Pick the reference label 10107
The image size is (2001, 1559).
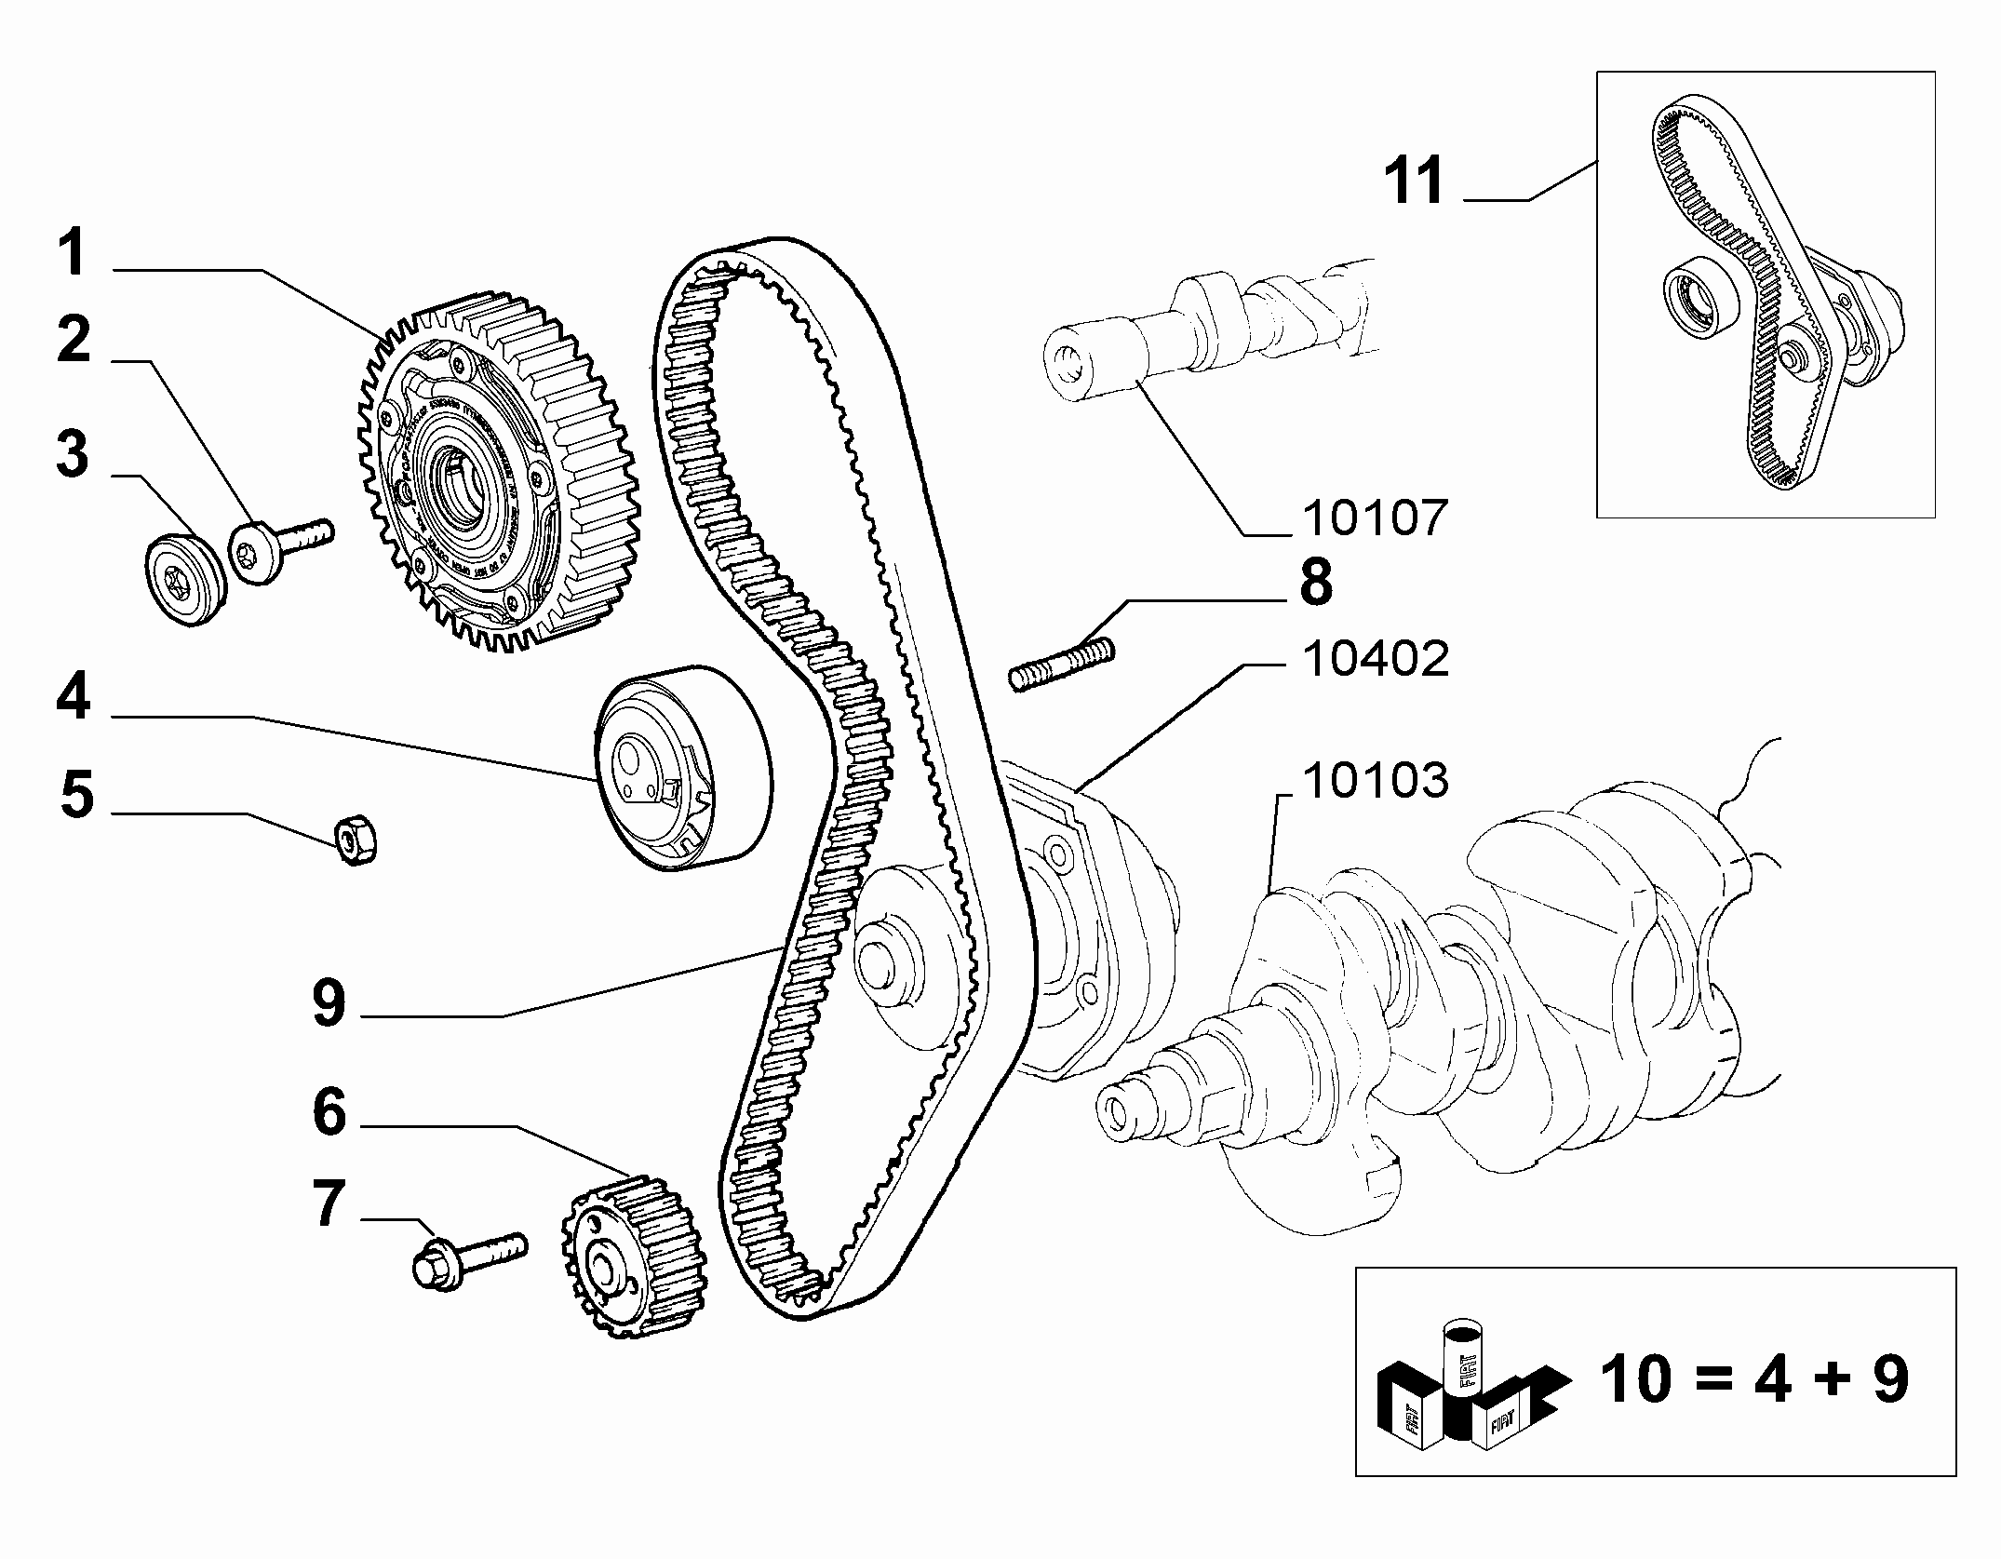click(x=1375, y=517)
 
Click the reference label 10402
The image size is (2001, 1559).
click(x=1375, y=660)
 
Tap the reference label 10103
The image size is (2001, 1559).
click(x=1375, y=781)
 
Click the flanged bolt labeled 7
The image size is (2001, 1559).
click(x=465, y=1262)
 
